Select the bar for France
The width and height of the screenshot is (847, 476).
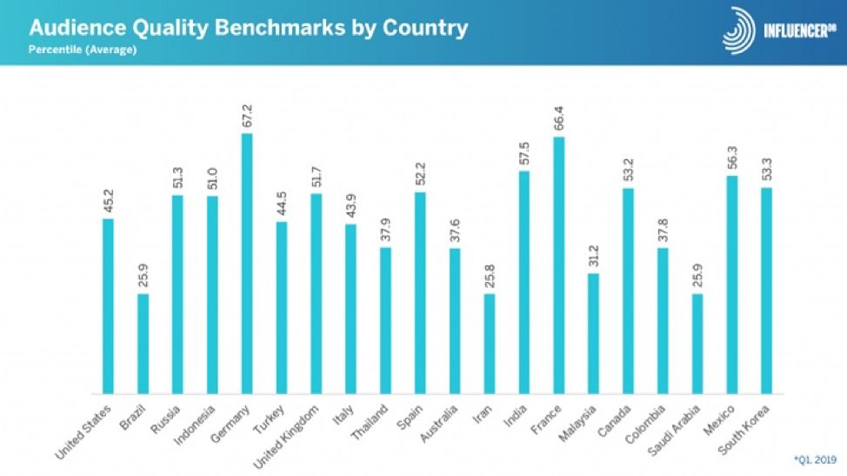[x=558, y=265]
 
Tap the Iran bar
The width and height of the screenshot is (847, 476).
[x=490, y=344]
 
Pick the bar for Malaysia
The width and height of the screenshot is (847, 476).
[x=593, y=333]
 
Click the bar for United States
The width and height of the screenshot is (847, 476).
[x=109, y=306]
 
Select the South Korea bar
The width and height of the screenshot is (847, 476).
[x=766, y=291]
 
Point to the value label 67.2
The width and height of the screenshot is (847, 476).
[x=247, y=115]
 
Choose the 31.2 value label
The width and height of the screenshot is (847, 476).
[x=593, y=255]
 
